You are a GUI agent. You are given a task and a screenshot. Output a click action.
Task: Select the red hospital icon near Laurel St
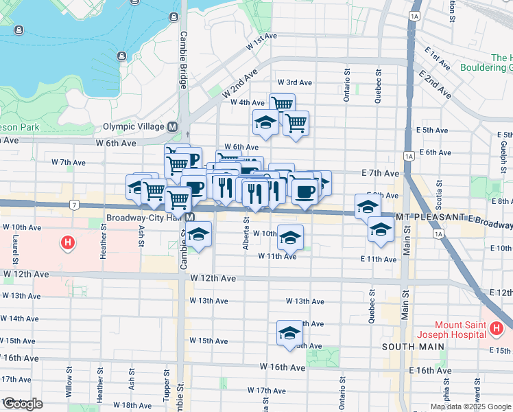click(67, 242)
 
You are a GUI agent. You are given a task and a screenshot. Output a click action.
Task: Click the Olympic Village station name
click(134, 127)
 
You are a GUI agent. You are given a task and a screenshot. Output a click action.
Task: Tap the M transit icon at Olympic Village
click(172, 127)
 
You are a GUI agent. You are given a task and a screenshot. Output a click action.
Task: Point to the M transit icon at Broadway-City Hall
click(190, 218)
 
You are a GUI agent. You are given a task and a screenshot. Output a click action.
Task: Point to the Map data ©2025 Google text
click(470, 407)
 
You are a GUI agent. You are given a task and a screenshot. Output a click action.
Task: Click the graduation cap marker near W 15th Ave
click(289, 333)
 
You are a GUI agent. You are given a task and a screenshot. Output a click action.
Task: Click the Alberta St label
click(246, 233)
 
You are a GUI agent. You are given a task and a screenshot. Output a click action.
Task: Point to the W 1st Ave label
click(261, 41)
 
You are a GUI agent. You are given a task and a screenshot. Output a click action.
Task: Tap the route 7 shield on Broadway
click(73, 205)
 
